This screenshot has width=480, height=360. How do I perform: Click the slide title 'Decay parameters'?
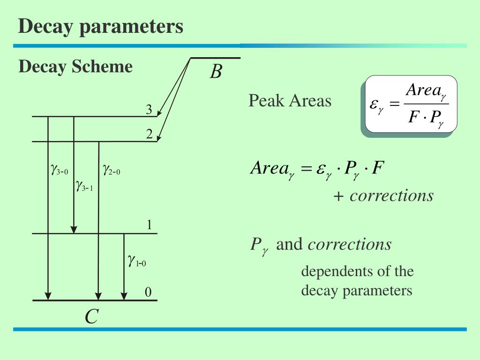[x=101, y=26]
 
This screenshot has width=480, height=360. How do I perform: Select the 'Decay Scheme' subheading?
[x=75, y=67]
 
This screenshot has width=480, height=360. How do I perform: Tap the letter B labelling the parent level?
[x=216, y=72]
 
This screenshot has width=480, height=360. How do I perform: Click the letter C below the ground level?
[x=91, y=317]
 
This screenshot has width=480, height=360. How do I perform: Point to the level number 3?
[x=149, y=110]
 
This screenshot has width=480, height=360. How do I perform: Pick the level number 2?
[x=149, y=135]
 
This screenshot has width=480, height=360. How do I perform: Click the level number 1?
[x=149, y=225]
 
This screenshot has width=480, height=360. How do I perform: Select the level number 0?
[x=148, y=293]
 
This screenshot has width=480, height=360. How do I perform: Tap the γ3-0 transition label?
[x=60, y=170]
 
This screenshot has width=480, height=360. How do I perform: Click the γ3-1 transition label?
[x=84, y=187]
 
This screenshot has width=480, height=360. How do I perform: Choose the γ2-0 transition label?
[x=112, y=170]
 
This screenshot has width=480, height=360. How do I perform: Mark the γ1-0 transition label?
[x=137, y=261]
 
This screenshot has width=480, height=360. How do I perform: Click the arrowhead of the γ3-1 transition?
[x=74, y=229]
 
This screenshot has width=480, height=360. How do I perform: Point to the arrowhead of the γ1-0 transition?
[x=124, y=296]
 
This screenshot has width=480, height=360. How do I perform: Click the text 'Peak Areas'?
[x=290, y=101]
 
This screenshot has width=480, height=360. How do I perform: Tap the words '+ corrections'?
[x=383, y=195]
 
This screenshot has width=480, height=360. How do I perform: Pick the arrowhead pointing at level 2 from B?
[x=158, y=138]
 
